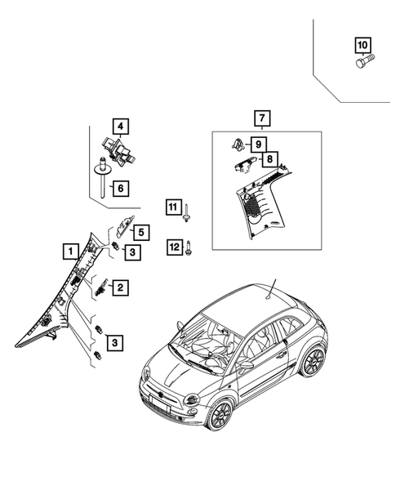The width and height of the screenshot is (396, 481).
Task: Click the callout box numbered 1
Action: point(71,251)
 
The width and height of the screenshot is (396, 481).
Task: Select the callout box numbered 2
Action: point(119,287)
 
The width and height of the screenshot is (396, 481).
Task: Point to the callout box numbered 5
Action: point(140,233)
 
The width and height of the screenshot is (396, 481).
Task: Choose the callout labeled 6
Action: point(119,189)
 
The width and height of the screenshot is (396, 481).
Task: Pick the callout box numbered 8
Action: point(268,159)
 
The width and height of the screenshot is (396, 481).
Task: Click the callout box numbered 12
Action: point(173,245)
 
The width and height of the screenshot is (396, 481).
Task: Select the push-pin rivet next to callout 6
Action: point(100,176)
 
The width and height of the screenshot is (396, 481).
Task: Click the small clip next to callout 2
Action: point(100,287)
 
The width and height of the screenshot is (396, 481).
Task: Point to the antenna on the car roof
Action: point(273,287)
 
